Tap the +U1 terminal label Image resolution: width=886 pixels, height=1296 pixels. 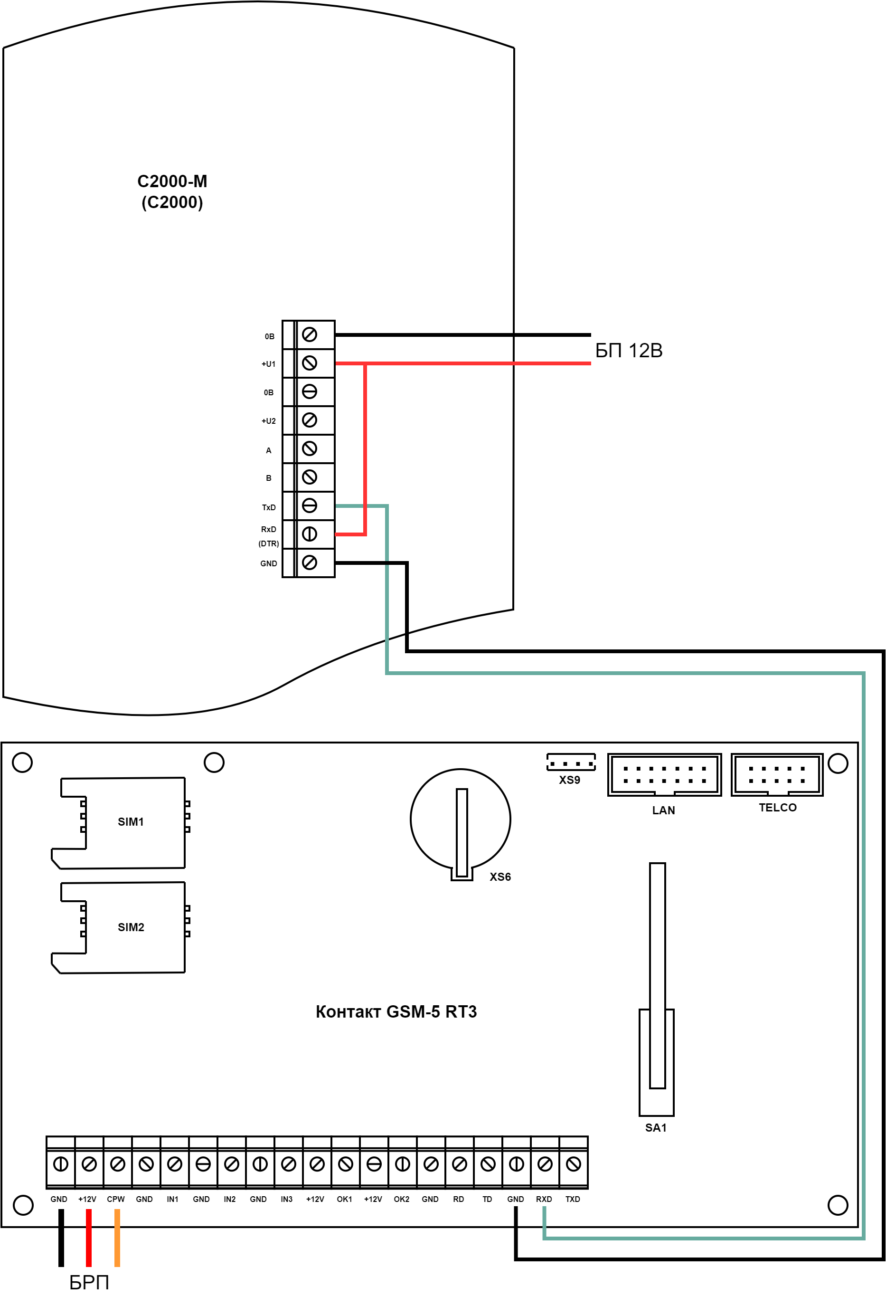[269, 364]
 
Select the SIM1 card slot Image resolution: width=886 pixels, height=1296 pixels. [123, 822]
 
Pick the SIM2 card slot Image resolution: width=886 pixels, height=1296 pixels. [123, 927]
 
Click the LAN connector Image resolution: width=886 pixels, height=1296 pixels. [664, 775]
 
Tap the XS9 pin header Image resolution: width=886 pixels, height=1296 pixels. [571, 763]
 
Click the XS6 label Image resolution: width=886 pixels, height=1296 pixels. [500, 877]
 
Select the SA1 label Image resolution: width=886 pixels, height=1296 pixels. [656, 1128]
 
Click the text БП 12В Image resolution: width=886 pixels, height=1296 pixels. [629, 351]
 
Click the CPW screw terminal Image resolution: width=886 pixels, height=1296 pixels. [117, 1164]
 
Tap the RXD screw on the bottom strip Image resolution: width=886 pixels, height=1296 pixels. [545, 1164]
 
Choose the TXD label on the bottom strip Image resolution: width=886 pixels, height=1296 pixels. [573, 1199]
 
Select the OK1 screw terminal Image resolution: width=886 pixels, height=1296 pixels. [346, 1164]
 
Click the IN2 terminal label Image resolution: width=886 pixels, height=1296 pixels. [230, 1199]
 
